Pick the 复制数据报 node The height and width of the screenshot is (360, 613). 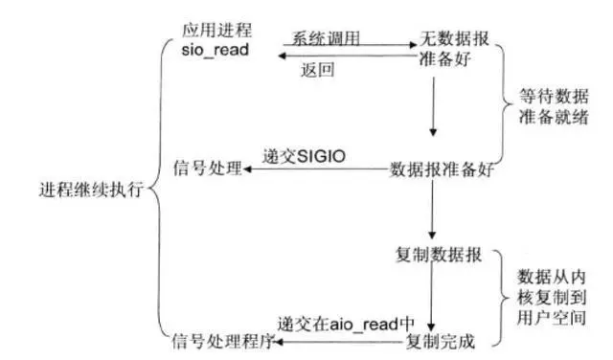(436, 256)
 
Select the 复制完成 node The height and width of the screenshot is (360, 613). (441, 340)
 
